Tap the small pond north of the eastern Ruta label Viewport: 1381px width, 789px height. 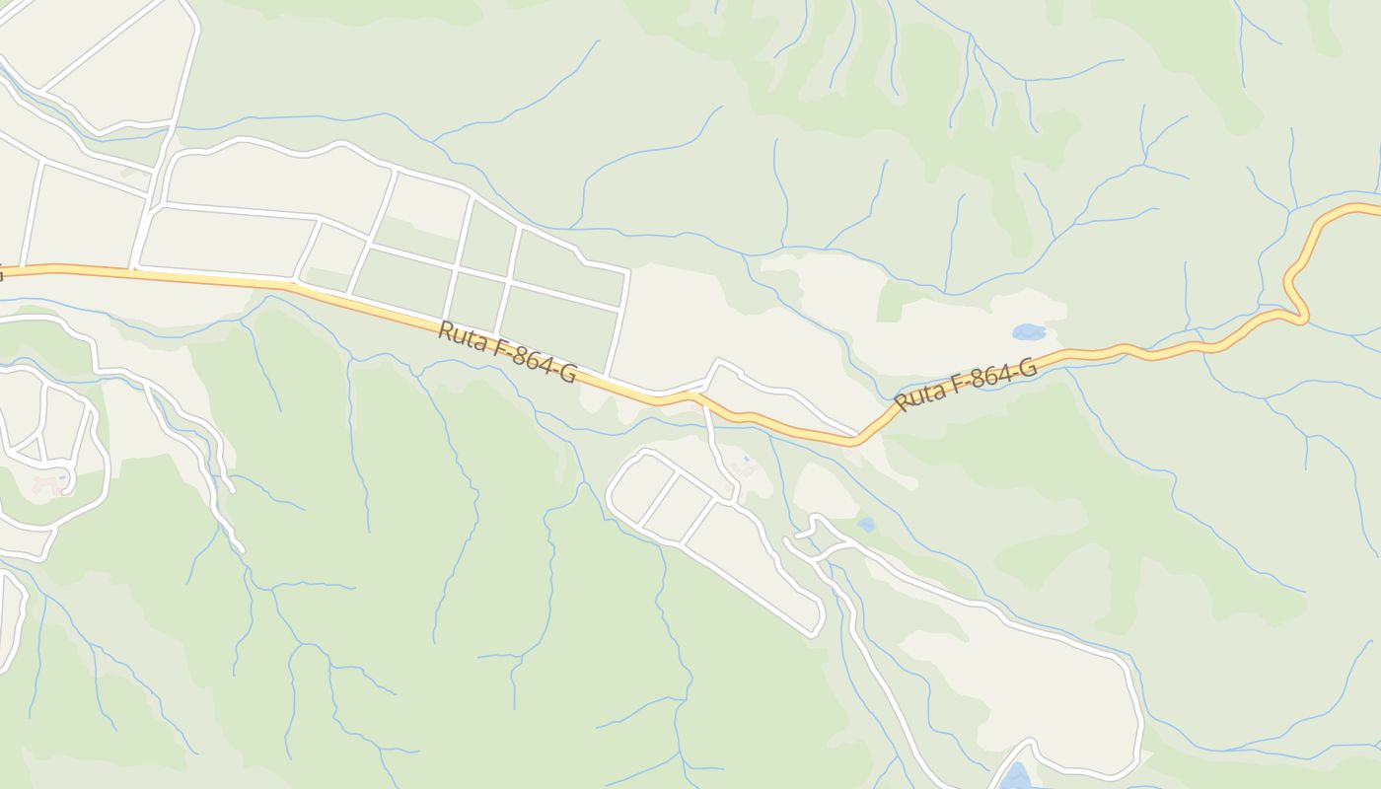(x=1028, y=332)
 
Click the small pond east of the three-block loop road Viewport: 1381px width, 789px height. (x=866, y=524)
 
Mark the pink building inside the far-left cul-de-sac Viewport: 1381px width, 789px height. (x=45, y=485)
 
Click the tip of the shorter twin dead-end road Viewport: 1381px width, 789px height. (x=231, y=488)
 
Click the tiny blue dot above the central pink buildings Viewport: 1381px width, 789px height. (x=746, y=459)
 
